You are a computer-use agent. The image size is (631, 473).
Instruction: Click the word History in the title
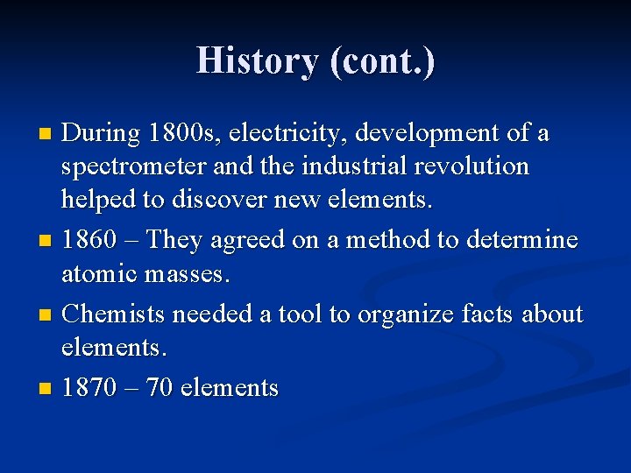coord(259,61)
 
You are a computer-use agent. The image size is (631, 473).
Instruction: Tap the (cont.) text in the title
coord(382,61)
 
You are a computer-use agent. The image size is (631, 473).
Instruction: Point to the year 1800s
coord(185,134)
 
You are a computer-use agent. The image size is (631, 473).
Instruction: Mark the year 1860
coord(89,239)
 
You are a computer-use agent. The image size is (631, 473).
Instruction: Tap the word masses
coord(191,274)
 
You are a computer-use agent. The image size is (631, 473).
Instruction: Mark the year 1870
coord(89,386)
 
